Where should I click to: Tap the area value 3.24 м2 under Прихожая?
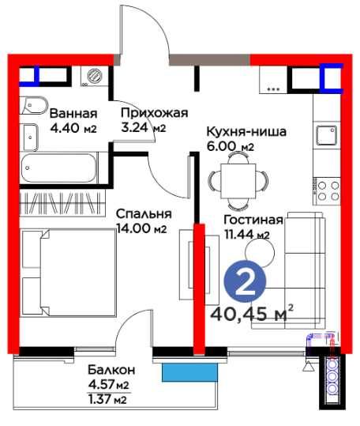(142, 127)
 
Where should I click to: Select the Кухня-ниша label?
(246, 131)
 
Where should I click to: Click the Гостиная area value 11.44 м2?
(246, 234)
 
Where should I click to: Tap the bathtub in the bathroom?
(58, 168)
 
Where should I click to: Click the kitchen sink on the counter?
(327, 136)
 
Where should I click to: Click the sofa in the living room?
(304, 264)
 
